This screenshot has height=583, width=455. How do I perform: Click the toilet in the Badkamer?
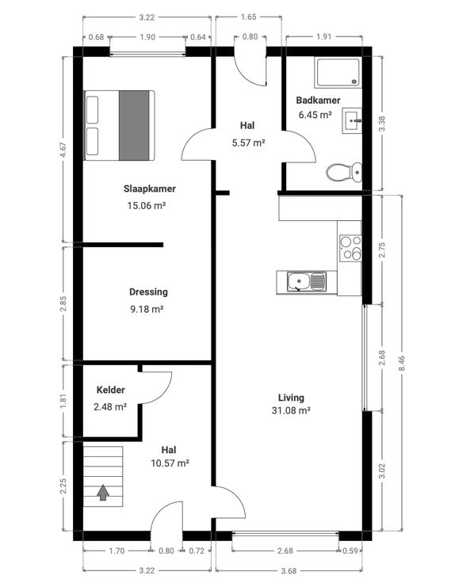(x=344, y=172)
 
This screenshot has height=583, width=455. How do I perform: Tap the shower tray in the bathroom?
(x=338, y=72)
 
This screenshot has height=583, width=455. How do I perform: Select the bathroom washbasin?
(x=352, y=120)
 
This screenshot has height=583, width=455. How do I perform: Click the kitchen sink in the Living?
(x=307, y=282)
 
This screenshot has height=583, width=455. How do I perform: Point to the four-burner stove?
(x=350, y=248)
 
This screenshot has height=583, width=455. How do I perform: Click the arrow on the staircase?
(x=103, y=493)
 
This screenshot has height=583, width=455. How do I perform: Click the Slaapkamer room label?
(x=150, y=189)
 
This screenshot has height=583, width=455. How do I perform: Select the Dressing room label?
(x=148, y=291)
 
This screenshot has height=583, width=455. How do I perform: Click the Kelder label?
(x=110, y=390)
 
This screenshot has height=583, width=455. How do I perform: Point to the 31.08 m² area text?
(x=291, y=410)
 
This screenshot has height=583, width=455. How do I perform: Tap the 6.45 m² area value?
(x=315, y=115)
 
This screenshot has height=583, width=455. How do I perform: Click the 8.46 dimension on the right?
(x=401, y=363)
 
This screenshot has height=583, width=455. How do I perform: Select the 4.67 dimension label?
(x=63, y=150)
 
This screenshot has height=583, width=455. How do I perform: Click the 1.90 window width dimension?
(x=147, y=37)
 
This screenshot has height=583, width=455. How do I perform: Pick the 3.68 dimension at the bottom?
(x=289, y=570)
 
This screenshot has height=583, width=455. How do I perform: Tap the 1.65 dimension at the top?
(x=249, y=17)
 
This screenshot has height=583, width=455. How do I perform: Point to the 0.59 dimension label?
(x=350, y=551)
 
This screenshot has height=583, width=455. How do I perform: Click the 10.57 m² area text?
(x=170, y=463)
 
